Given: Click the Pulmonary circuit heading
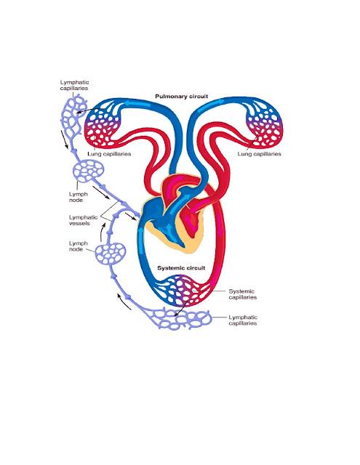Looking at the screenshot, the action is [181, 97].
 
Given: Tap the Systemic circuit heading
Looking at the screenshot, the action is [181, 268].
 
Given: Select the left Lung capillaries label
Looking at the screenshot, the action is [109, 154].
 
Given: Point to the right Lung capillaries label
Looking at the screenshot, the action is [259, 154].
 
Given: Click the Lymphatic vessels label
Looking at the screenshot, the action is [83, 220].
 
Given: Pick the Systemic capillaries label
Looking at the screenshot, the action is [242, 294].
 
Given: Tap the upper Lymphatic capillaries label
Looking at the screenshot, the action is [74, 85].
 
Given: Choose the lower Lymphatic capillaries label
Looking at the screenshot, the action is [243, 320].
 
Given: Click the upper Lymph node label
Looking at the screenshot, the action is [79, 197].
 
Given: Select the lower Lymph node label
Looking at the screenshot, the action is [79, 246].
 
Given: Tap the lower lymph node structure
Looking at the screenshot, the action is [111, 254].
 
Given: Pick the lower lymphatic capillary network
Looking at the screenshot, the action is [181, 320].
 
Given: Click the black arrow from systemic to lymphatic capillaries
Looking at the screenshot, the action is [181, 308].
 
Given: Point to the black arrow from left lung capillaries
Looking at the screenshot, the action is [87, 111].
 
